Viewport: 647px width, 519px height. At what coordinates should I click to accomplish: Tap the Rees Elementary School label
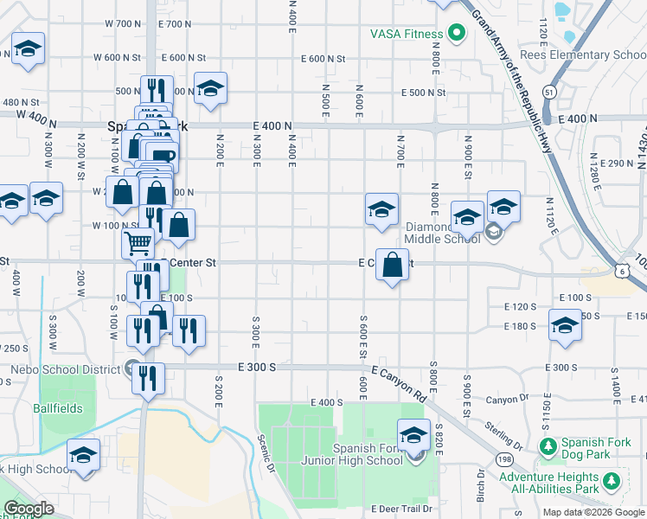[x=587, y=55]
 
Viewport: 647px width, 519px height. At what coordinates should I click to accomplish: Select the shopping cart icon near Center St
[x=138, y=243]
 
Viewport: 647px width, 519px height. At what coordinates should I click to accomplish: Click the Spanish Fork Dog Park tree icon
[x=547, y=447]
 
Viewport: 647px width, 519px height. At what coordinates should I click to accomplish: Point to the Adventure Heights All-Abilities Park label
[x=548, y=483]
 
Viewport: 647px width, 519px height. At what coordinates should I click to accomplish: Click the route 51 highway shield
[x=549, y=90]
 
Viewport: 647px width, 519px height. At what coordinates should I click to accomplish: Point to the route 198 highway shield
[x=503, y=458]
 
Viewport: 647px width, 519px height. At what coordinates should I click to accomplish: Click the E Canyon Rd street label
[x=400, y=384]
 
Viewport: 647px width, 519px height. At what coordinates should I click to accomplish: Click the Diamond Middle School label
[x=442, y=233]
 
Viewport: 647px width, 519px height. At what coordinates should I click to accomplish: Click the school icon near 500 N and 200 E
[x=209, y=88]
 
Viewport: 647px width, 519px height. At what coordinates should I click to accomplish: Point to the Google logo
[x=29, y=509]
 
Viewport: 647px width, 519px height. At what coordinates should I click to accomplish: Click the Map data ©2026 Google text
[x=593, y=512]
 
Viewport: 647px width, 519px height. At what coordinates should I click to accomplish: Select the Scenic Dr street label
[x=267, y=453]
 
